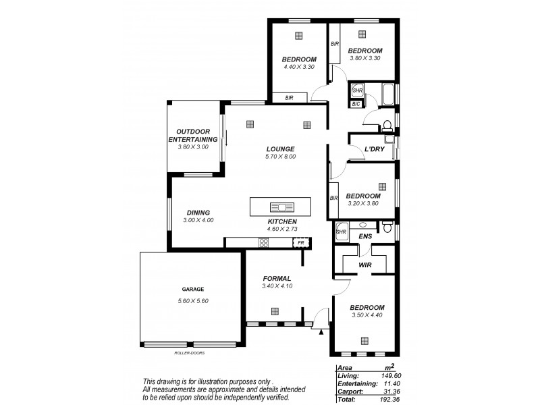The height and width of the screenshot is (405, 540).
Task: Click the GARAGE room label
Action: [x=192, y=289]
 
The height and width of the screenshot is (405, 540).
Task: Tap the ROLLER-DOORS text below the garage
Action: [x=189, y=352]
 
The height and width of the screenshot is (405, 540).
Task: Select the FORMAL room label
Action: [x=276, y=278]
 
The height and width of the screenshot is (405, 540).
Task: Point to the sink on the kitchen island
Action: [x=280, y=207]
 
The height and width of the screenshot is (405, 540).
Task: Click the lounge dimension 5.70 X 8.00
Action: [x=280, y=157]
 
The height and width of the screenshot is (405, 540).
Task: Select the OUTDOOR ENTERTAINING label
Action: [x=193, y=135]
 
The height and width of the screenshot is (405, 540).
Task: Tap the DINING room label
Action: [x=198, y=212]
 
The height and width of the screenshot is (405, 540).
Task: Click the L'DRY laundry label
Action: [x=374, y=149]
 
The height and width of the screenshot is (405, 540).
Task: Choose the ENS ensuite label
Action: [x=365, y=236]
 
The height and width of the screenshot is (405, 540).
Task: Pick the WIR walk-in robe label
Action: [x=365, y=265]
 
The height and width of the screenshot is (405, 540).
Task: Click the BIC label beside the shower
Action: [x=356, y=104]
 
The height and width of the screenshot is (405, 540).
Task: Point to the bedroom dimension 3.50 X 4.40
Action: [x=367, y=315]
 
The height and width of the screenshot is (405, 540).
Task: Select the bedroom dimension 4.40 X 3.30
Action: [x=298, y=67]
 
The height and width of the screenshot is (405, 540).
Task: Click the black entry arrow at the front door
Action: [x=321, y=331]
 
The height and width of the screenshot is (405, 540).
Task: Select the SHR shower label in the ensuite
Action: [x=341, y=232]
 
